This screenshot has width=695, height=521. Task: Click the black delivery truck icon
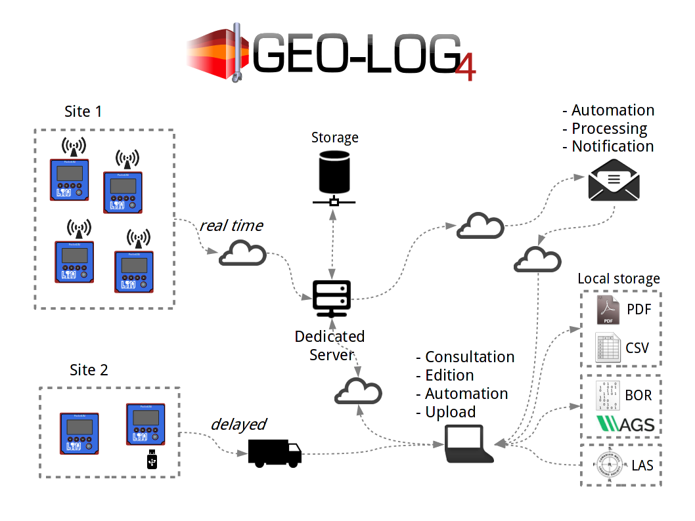tap(274, 453)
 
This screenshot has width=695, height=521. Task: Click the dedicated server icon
tap(332, 297)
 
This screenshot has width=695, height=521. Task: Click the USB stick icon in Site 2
tap(152, 460)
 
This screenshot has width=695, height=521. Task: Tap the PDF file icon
tap(608, 310)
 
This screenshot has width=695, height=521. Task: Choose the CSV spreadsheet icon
tap(608, 347)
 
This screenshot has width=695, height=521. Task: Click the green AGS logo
tap(625, 424)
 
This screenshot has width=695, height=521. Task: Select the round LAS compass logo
tap(609, 466)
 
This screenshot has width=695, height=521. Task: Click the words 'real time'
tap(231, 226)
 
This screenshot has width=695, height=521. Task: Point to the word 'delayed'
tap(238, 425)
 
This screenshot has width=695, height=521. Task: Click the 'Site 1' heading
tap(83, 112)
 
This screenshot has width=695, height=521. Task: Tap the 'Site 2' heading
tap(89, 370)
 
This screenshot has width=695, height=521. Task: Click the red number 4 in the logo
tap(464, 67)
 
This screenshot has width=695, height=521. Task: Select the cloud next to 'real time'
tap(242, 254)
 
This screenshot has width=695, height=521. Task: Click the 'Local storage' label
tap(619, 279)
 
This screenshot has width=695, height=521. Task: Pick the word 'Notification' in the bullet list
tap(613, 146)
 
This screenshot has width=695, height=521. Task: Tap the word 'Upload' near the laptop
tap(450, 412)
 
